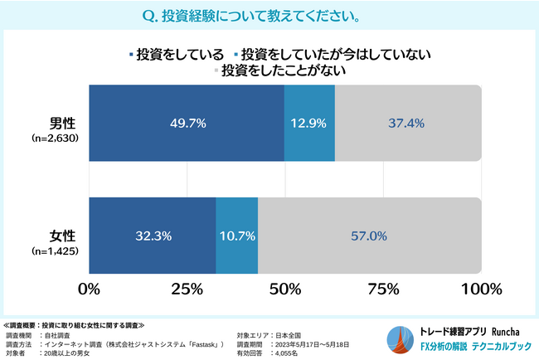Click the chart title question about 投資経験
(269, 16)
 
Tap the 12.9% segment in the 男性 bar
(309, 123)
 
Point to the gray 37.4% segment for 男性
(407, 123)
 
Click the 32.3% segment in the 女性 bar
(153, 236)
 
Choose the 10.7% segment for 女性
(236, 236)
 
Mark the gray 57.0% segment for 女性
(369, 236)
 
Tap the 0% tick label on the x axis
(89, 289)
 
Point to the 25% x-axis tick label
(187, 289)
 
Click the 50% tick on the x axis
(284, 289)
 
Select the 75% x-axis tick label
(382, 289)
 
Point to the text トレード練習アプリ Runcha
(470, 330)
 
